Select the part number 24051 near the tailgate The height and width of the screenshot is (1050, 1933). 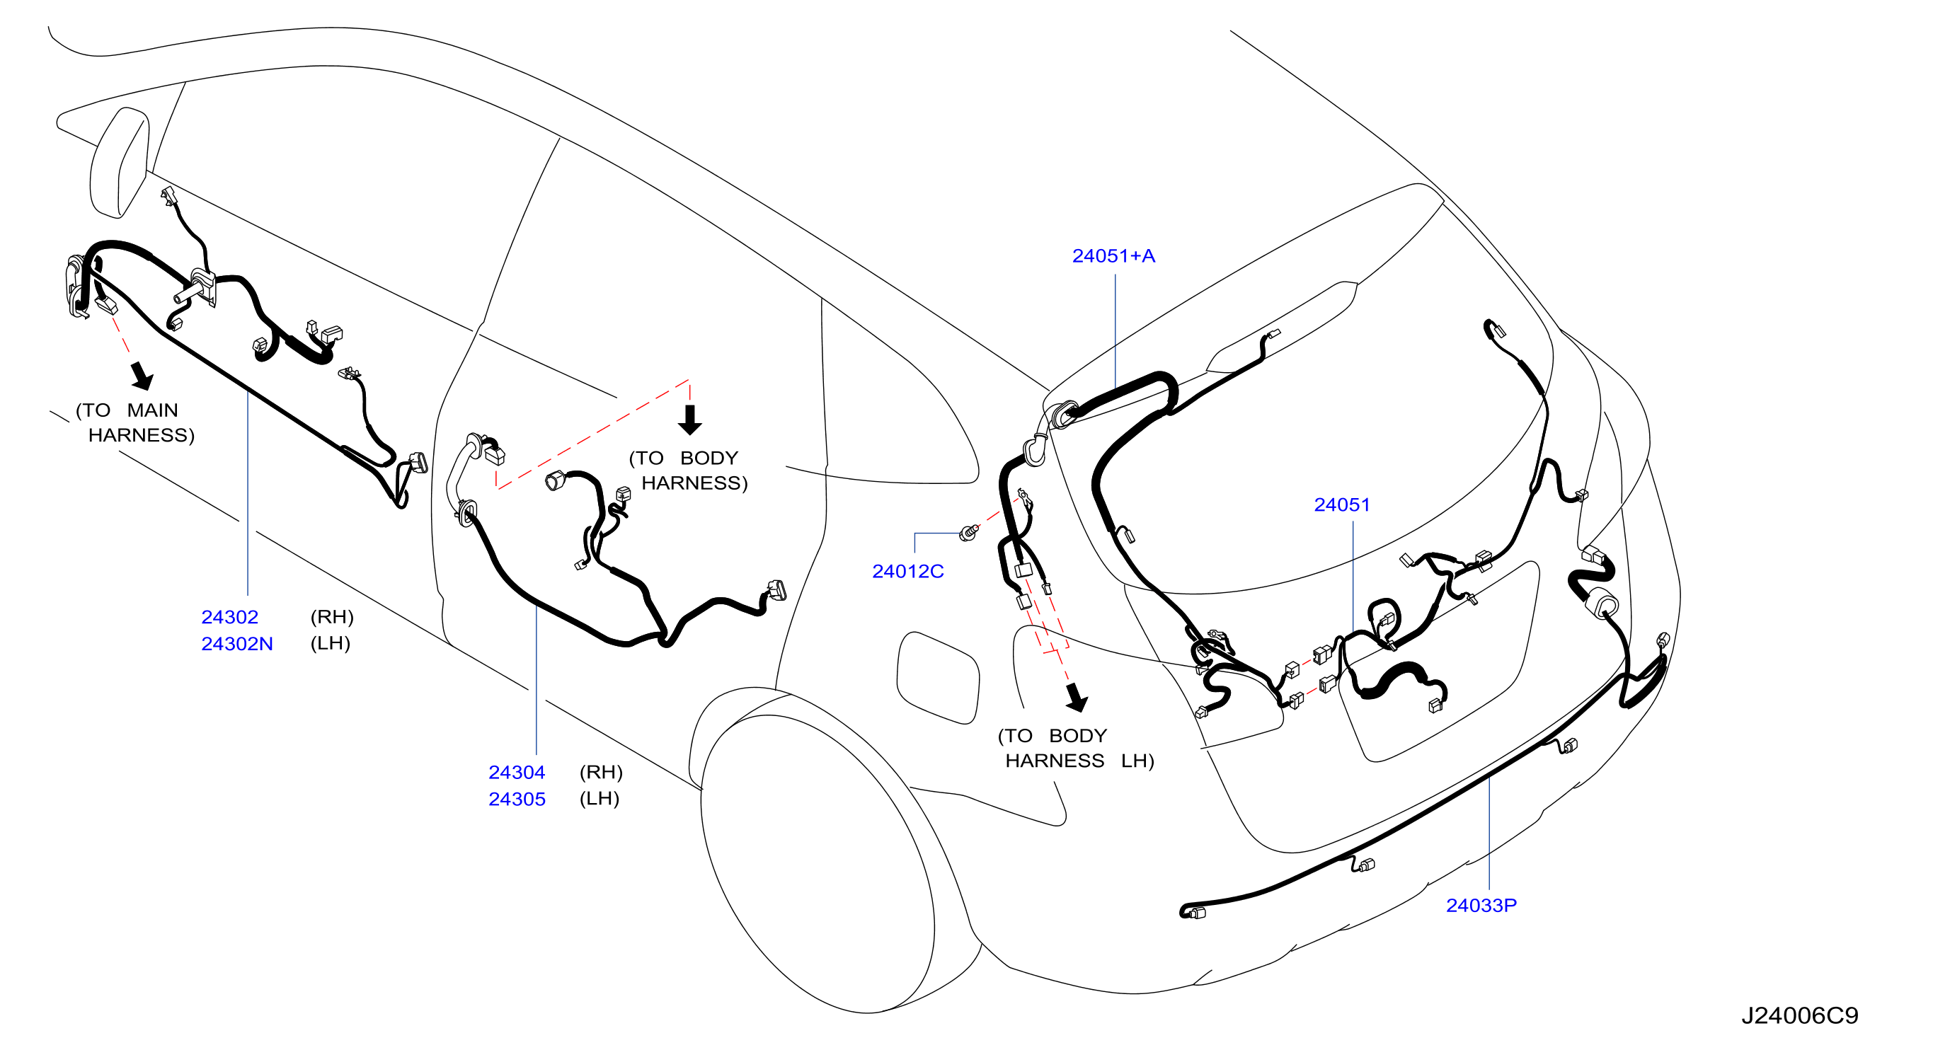(1342, 505)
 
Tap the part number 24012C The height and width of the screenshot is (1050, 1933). (908, 572)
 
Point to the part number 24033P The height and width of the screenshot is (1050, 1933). (1481, 906)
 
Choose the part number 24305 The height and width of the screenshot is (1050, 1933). (517, 800)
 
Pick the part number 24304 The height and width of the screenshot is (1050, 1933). (517, 773)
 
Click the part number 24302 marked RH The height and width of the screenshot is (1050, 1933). (229, 617)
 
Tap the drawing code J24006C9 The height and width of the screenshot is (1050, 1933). (1799, 1016)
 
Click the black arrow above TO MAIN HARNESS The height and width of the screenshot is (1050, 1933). (142, 376)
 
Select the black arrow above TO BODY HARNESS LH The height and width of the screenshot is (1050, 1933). (1077, 698)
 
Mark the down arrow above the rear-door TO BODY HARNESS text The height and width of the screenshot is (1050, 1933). (689, 420)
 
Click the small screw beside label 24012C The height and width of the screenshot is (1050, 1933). (970, 533)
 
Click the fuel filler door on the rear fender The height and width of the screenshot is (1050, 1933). (938, 678)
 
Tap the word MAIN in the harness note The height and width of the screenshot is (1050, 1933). (152, 411)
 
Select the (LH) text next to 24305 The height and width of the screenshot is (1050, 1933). (600, 799)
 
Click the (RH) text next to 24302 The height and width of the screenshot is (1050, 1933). (332, 617)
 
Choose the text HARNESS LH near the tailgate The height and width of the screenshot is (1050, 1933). (1080, 761)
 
